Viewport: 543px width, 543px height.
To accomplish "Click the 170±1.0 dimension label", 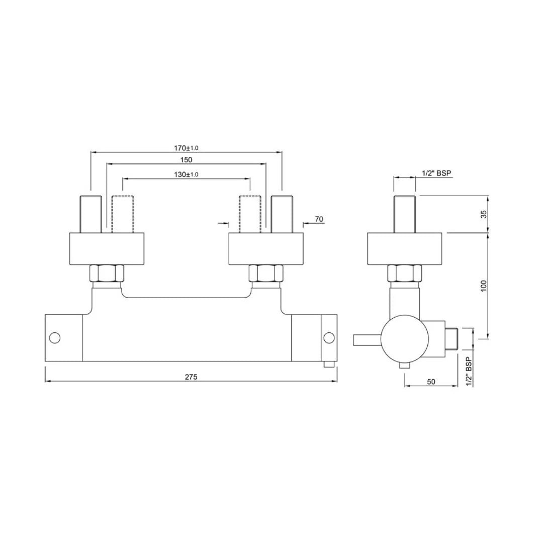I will tap(186, 148).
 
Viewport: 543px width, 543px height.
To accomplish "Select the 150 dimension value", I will tap(186, 160).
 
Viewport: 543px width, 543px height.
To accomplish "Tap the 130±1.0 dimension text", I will tap(186, 174).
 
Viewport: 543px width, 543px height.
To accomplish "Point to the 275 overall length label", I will tap(191, 377).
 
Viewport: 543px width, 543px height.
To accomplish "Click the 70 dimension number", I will tap(318, 219).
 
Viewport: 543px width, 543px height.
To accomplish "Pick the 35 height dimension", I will tap(484, 214).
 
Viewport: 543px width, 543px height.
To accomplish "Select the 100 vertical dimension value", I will tap(484, 286).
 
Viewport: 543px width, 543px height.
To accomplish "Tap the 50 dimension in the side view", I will tap(431, 382).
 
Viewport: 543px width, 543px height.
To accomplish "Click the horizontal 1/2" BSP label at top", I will tap(436, 173).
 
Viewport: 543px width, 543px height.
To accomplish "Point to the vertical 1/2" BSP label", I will tap(468, 372).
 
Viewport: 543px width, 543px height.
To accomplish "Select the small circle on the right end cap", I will tap(329, 337).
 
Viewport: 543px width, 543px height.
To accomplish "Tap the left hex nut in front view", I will tap(106, 274).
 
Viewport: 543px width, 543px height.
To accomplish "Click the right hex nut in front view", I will tap(266, 274).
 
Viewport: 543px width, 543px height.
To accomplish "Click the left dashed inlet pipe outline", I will tap(123, 214).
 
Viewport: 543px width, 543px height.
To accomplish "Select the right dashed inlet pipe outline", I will tap(250, 214).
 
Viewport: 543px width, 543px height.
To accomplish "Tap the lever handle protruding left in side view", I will tap(367, 340).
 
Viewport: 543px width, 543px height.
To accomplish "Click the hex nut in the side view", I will tap(405, 274).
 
